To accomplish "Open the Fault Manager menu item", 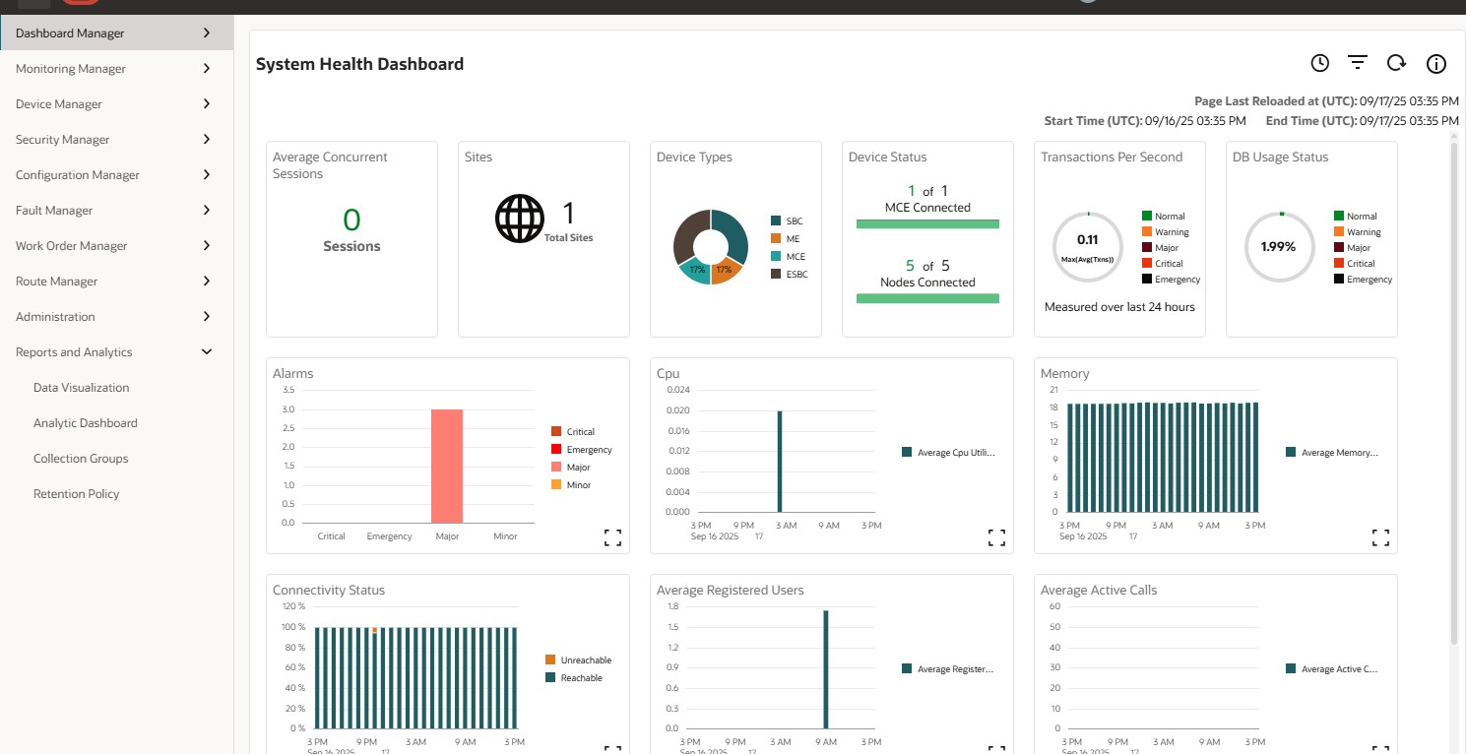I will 54,211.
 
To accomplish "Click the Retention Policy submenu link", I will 76,494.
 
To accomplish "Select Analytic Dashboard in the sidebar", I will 85,423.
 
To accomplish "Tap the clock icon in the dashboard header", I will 1319,64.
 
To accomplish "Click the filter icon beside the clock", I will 1358,64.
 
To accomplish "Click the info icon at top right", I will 1436,64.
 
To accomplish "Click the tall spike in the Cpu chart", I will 780,461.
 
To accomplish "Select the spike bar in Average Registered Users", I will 826,669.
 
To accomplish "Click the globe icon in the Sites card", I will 519,219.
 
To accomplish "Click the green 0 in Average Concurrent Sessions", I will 351,220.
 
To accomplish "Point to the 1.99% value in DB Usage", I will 1278,247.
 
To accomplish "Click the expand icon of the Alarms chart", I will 612,537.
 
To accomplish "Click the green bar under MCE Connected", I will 927,224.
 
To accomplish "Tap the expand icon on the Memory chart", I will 1380,537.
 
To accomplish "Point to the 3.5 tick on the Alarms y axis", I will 288,391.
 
